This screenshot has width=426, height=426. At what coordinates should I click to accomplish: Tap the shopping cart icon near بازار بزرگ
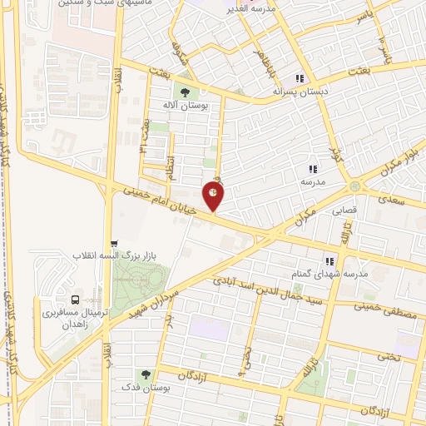pos(115,244)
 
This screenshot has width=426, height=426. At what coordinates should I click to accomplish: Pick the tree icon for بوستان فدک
pos(146,375)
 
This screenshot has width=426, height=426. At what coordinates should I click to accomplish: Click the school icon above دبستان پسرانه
pos(300,77)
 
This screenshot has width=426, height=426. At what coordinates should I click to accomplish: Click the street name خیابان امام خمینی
pos(159,201)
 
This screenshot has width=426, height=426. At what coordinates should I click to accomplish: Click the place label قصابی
pos(344,210)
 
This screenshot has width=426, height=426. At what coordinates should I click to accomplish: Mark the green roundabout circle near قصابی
pos(356,186)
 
